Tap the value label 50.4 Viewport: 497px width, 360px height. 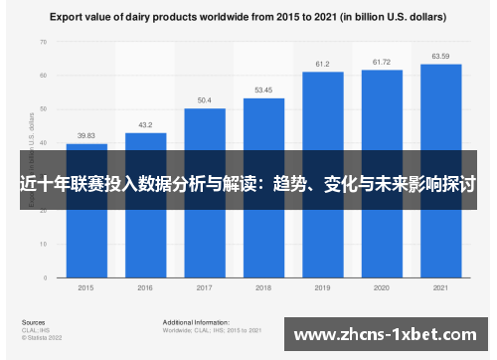(x=205, y=100)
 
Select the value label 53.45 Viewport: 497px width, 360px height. (x=263, y=90)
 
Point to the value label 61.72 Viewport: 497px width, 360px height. (x=382, y=63)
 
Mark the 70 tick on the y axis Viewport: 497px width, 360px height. (x=43, y=43)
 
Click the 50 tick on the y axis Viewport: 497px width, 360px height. (x=43, y=109)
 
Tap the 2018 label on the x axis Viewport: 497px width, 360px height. (x=263, y=288)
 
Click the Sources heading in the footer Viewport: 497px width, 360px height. (x=32, y=322)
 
